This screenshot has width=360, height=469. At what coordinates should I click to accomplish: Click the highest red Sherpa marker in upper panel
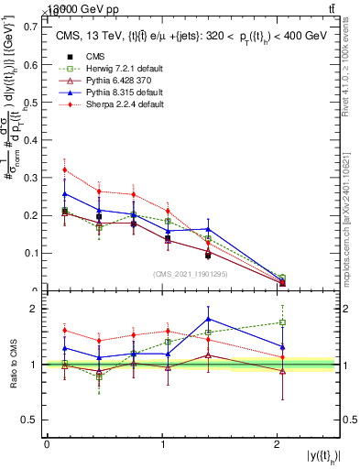click(64, 169)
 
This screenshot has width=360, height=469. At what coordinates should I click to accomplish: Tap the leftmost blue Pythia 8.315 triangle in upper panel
click(64, 193)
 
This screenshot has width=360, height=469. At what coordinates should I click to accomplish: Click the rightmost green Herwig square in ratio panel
click(282, 322)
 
